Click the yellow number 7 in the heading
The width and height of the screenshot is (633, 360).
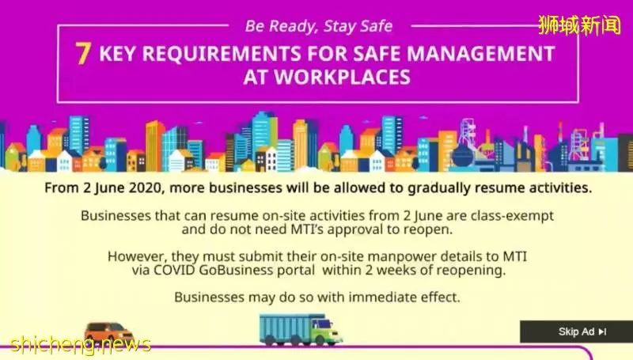[83, 53]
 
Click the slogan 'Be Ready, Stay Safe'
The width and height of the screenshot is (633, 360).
[319, 26]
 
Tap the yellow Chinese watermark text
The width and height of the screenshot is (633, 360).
[580, 25]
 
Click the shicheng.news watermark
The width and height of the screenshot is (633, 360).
[81, 344]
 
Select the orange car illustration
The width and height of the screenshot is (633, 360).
[108, 332]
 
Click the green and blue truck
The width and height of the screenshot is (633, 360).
[301, 329]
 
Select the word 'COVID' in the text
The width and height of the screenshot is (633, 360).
[174, 270]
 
